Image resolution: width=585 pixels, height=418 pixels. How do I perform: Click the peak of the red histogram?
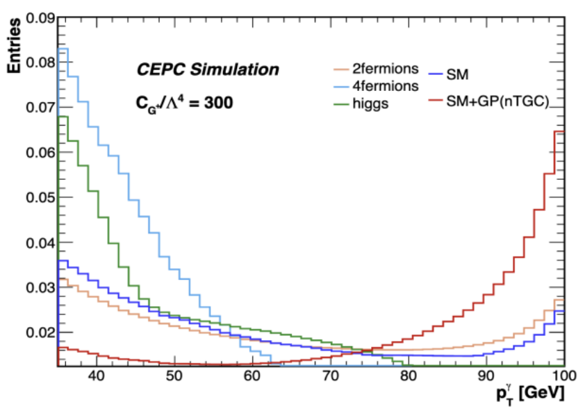[559, 131]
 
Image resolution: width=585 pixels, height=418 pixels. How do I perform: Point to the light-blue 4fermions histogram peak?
[63, 49]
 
